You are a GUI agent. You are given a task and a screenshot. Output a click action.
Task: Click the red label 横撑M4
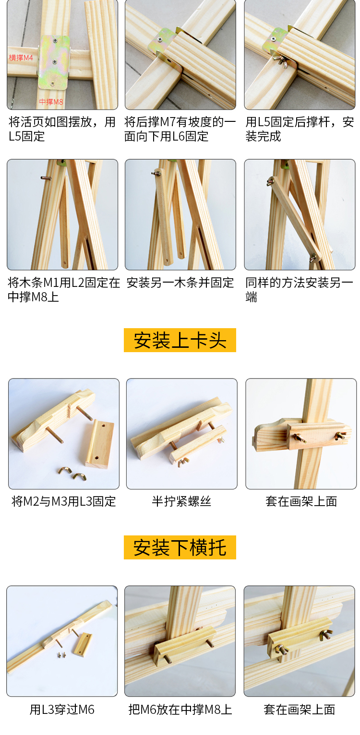[x=21, y=58]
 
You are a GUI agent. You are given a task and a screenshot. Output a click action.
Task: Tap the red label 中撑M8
[x=51, y=102]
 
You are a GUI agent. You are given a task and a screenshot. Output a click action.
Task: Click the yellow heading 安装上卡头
[x=180, y=340]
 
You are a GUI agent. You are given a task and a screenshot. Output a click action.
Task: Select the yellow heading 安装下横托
[x=180, y=547]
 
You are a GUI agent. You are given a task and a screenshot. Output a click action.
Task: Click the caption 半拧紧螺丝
[x=181, y=501]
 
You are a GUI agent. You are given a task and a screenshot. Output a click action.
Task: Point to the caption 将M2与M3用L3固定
[x=64, y=501]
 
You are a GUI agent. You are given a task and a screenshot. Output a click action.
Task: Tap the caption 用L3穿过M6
[x=62, y=710]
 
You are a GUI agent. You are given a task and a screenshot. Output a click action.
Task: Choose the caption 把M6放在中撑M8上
[x=180, y=710]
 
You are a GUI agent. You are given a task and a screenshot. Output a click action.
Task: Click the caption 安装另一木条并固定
[x=180, y=283]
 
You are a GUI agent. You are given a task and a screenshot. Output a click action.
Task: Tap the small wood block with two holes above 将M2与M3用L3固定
[x=99, y=443]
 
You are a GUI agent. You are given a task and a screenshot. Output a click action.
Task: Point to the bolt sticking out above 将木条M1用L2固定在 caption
[x=46, y=178]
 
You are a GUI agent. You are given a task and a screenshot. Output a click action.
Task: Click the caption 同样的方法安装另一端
[x=300, y=290]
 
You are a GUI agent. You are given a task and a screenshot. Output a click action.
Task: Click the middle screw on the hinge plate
[x=54, y=61]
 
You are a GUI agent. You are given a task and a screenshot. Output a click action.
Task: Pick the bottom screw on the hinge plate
[x=52, y=84]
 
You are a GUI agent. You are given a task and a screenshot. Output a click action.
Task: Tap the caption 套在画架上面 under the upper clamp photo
[x=301, y=501]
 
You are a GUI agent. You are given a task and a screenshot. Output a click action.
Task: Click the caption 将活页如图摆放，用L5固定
[x=62, y=129]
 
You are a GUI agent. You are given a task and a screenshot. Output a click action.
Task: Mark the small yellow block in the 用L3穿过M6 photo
[x=82, y=645]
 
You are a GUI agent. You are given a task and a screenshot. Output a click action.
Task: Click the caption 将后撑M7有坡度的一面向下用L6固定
[x=180, y=129]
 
